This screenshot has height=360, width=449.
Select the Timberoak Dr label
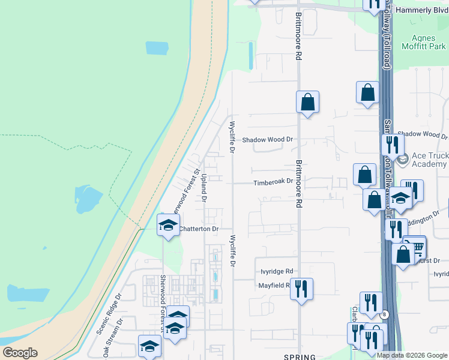pos(273,181)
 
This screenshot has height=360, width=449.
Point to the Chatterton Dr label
pos(198,229)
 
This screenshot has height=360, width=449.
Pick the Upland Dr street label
pos(204,187)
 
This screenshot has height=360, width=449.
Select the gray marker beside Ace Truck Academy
pos(402,159)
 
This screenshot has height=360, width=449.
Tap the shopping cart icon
pos(415,246)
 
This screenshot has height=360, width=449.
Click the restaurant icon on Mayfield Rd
pos(301,288)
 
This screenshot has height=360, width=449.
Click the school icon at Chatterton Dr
pos(168,225)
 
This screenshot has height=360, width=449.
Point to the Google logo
pos(20,353)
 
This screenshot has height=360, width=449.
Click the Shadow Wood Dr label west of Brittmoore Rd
pos(267,139)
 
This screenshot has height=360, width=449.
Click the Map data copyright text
pos(412,355)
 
